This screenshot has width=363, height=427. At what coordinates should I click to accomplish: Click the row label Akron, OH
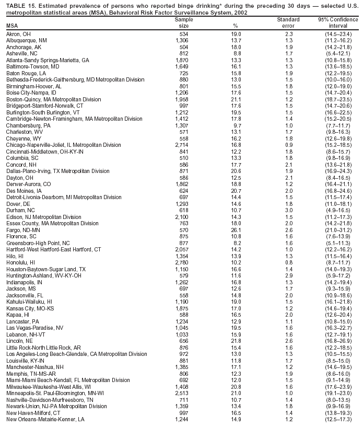click(x=19, y=34)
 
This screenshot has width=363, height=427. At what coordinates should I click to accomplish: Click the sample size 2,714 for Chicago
click(x=181, y=145)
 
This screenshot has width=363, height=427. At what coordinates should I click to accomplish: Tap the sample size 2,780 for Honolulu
click(x=181, y=262)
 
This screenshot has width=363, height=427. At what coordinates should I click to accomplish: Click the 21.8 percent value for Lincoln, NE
click(x=236, y=341)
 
